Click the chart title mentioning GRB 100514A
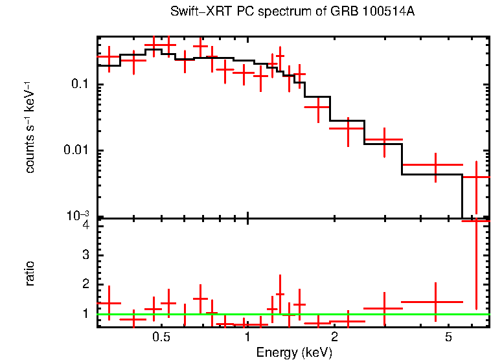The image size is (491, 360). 292,12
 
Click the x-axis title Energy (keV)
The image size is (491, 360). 293,352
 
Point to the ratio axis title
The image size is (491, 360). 30,273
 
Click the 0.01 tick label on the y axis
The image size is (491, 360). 76,151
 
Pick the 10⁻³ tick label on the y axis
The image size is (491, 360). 78,216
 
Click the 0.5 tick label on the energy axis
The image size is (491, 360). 161,338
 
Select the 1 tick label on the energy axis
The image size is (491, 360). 248,338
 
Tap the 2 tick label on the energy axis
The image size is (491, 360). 334,338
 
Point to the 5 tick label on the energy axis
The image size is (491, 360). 448,338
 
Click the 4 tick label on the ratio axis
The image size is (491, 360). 86,225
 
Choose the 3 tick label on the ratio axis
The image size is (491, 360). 86,255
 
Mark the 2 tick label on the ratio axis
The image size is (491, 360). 86,285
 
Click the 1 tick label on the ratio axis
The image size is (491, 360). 86,314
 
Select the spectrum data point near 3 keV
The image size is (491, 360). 384,139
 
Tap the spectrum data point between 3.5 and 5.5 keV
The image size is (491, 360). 435,165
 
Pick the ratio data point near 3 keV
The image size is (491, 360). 384,309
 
